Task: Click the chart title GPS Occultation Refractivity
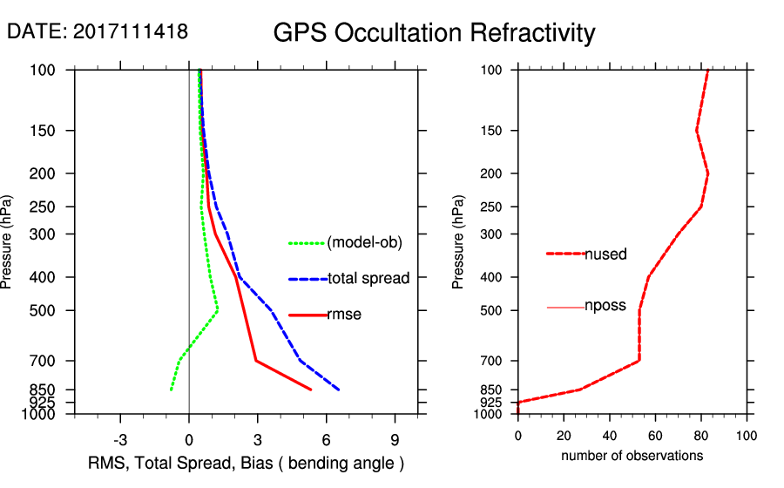point(434,33)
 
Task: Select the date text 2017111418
point(131,31)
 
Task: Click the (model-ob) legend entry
point(364,243)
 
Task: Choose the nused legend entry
point(605,254)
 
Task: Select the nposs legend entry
point(605,307)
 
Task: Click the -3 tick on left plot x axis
point(121,438)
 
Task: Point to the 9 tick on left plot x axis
point(395,438)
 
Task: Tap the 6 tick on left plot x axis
point(326,438)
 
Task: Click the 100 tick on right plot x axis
point(746,437)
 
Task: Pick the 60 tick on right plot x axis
point(655,437)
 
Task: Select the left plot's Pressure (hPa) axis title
point(8,241)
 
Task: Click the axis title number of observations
point(632,456)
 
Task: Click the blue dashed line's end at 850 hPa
point(339,390)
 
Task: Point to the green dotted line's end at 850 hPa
point(171,390)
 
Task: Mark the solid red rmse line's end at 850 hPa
point(311,390)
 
